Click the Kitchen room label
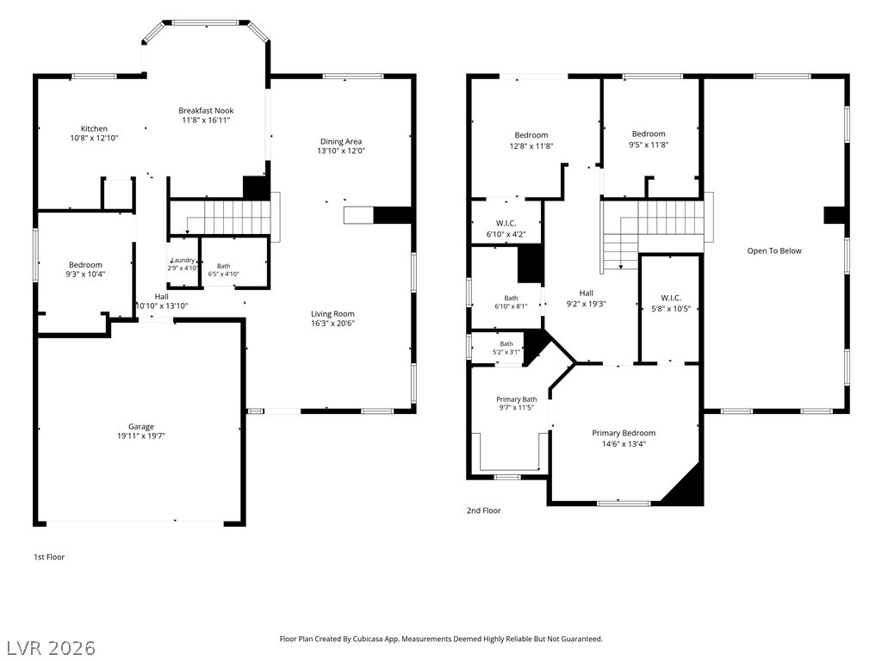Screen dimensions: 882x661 pos(94,129)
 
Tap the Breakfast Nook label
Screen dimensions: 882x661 pos(206,111)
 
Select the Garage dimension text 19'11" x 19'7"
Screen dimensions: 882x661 pos(141,436)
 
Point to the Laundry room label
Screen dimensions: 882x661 pos(183,260)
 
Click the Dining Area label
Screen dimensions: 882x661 pos(341,142)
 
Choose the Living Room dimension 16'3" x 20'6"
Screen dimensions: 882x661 pos(333,324)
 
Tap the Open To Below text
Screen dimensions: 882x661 pos(774,250)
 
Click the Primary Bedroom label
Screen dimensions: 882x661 pos(624,433)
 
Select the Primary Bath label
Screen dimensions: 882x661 pos(517,399)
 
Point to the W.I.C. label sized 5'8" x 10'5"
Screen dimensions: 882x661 pos(670,298)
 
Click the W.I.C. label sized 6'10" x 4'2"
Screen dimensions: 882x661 pos(506,224)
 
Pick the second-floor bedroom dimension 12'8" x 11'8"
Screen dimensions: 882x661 pos(531,146)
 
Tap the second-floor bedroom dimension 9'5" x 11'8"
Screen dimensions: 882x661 pos(649,145)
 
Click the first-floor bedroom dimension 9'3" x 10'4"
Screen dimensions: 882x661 pos(85,275)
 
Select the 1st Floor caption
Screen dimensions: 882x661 pos(49,557)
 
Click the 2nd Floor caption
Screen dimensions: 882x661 pos(484,510)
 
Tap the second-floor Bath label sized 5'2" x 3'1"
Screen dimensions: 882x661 pos(506,344)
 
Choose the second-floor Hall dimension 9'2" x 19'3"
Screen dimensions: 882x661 pos(586,304)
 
